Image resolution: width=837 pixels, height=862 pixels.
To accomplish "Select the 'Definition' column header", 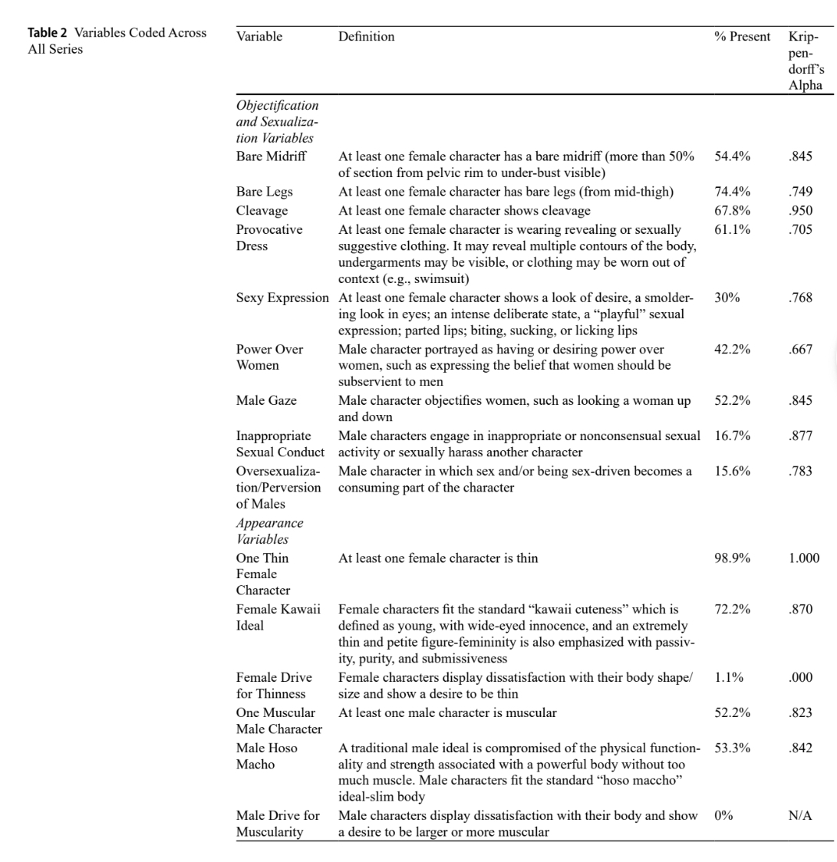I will (366, 36).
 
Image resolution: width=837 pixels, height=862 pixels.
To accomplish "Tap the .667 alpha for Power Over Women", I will (801, 349).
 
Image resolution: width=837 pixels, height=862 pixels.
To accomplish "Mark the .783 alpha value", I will (801, 472).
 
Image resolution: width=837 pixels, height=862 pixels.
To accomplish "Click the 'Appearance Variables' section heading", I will (269, 531).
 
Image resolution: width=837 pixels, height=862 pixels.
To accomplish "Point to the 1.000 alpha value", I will (803, 558).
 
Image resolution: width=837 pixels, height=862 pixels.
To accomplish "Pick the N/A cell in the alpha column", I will (801, 816).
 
